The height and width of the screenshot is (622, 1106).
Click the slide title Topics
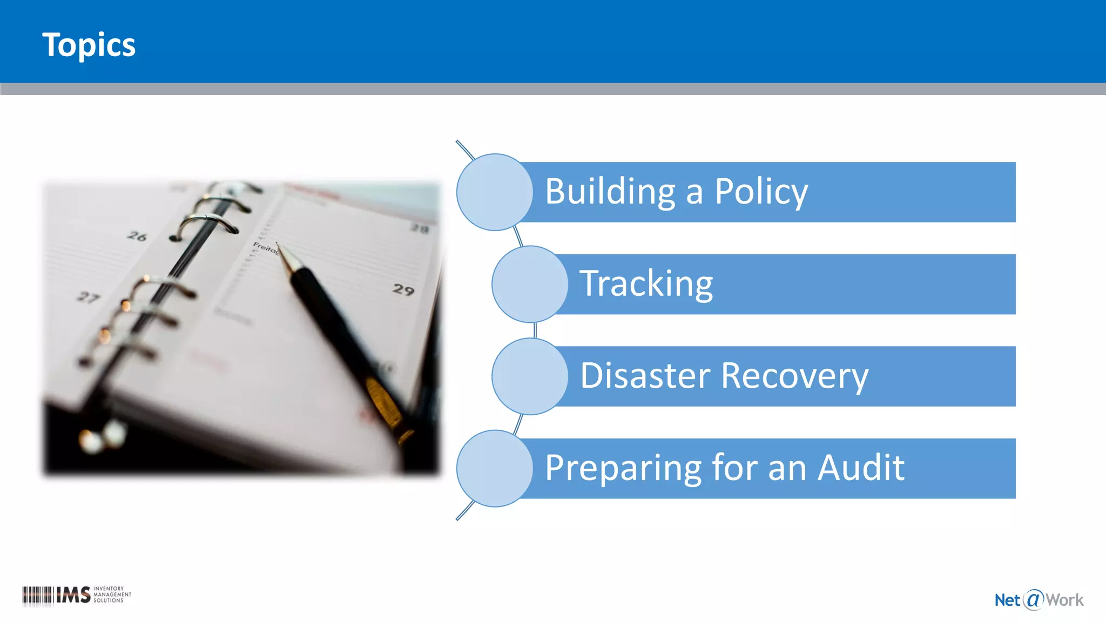point(89,45)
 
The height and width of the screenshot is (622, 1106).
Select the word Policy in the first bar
point(761,192)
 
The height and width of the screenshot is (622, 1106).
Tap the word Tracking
point(646,284)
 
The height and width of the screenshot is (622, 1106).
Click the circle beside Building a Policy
point(494,192)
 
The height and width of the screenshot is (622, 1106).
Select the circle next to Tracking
point(529,284)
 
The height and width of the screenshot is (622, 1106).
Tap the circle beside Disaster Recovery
point(529,376)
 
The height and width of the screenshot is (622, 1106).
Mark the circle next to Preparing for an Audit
point(494,468)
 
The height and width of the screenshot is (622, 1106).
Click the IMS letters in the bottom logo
point(73,595)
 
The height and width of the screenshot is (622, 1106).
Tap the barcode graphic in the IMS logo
point(38,595)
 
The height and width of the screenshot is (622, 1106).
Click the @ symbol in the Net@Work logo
point(1033,599)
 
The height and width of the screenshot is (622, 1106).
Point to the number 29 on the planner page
point(403,290)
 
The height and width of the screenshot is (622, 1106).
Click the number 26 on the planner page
point(137,236)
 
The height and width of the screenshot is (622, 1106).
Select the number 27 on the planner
point(88,297)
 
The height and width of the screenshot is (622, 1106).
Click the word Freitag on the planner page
point(265,248)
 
